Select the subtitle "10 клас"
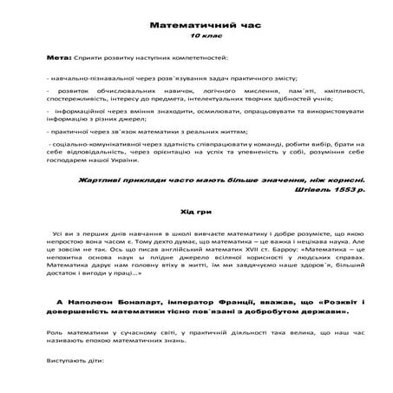(196, 38)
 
